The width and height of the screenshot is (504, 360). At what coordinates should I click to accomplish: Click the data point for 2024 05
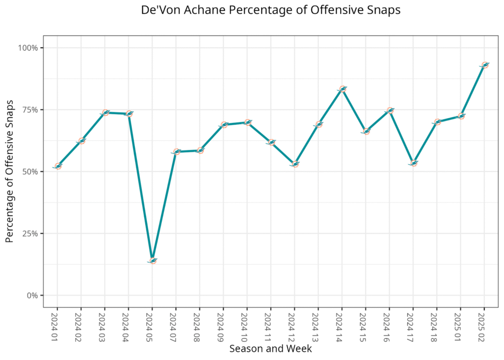[153, 260]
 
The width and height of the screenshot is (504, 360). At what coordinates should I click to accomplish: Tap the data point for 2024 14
[343, 89]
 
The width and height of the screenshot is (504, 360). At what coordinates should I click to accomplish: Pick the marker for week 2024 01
[58, 166]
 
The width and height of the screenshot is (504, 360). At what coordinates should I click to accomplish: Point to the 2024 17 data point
[414, 163]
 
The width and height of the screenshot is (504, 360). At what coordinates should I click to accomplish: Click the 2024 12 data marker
[295, 164]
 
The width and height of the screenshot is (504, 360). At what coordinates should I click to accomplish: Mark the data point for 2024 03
[105, 113]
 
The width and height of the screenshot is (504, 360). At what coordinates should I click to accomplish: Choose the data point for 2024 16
[390, 111]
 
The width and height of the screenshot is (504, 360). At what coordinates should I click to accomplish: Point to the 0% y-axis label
[33, 296]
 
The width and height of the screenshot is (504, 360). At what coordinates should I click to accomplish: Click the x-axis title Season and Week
[270, 349]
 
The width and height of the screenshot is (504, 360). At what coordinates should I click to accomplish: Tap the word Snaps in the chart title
[384, 10]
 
